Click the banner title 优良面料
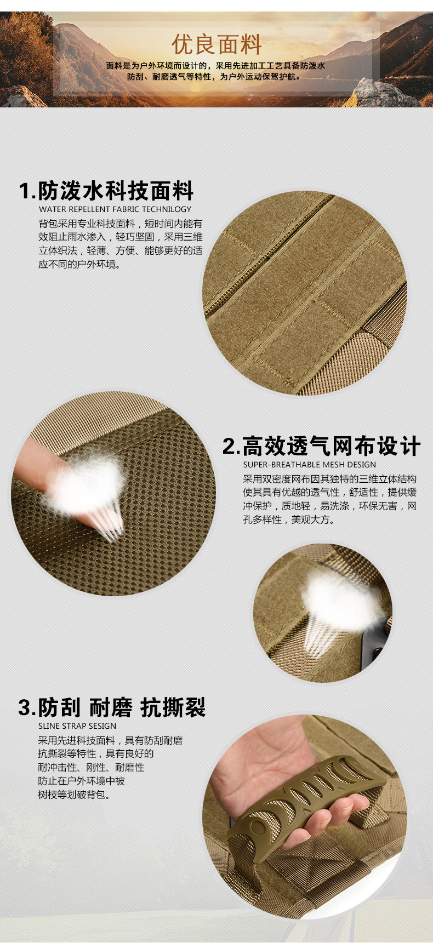(x=216, y=44)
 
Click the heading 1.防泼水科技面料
(x=106, y=191)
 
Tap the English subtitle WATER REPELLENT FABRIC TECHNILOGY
(x=115, y=209)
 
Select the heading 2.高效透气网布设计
(x=321, y=446)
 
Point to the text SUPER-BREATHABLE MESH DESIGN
(x=310, y=465)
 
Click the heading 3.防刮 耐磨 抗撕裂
(x=112, y=707)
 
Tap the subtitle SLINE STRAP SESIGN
(x=77, y=726)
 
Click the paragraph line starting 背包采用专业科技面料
(x=120, y=224)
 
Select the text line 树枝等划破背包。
(x=74, y=795)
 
